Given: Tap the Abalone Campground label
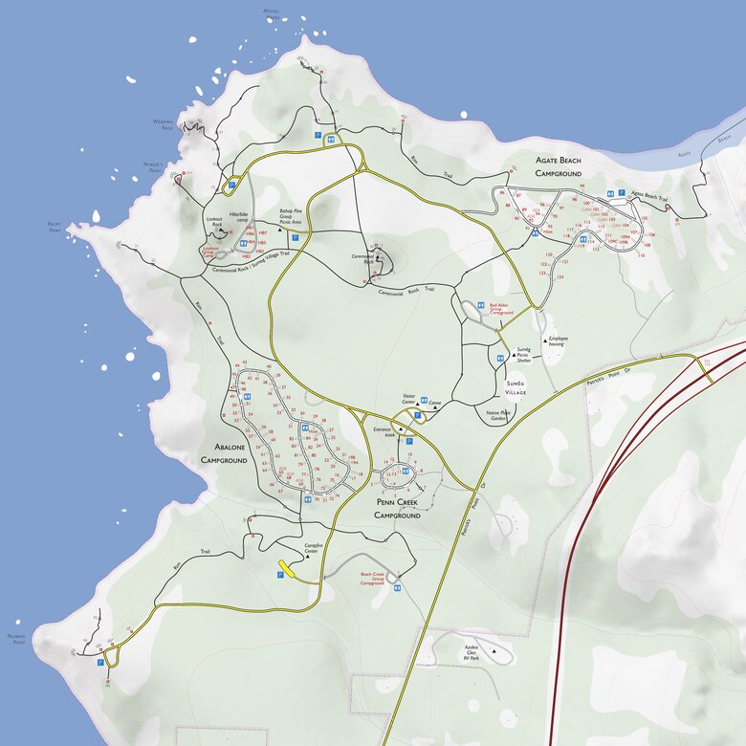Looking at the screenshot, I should tap(224, 453).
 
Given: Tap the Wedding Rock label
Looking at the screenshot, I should tap(163, 124).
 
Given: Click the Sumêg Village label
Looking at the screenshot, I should tap(516, 388).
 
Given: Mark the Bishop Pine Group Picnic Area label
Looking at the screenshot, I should tap(291, 215).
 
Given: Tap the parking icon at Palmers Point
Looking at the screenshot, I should tap(100, 661).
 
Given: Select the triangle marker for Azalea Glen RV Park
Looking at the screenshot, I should tap(494, 651).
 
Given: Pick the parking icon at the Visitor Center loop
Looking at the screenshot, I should tap(408, 441).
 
